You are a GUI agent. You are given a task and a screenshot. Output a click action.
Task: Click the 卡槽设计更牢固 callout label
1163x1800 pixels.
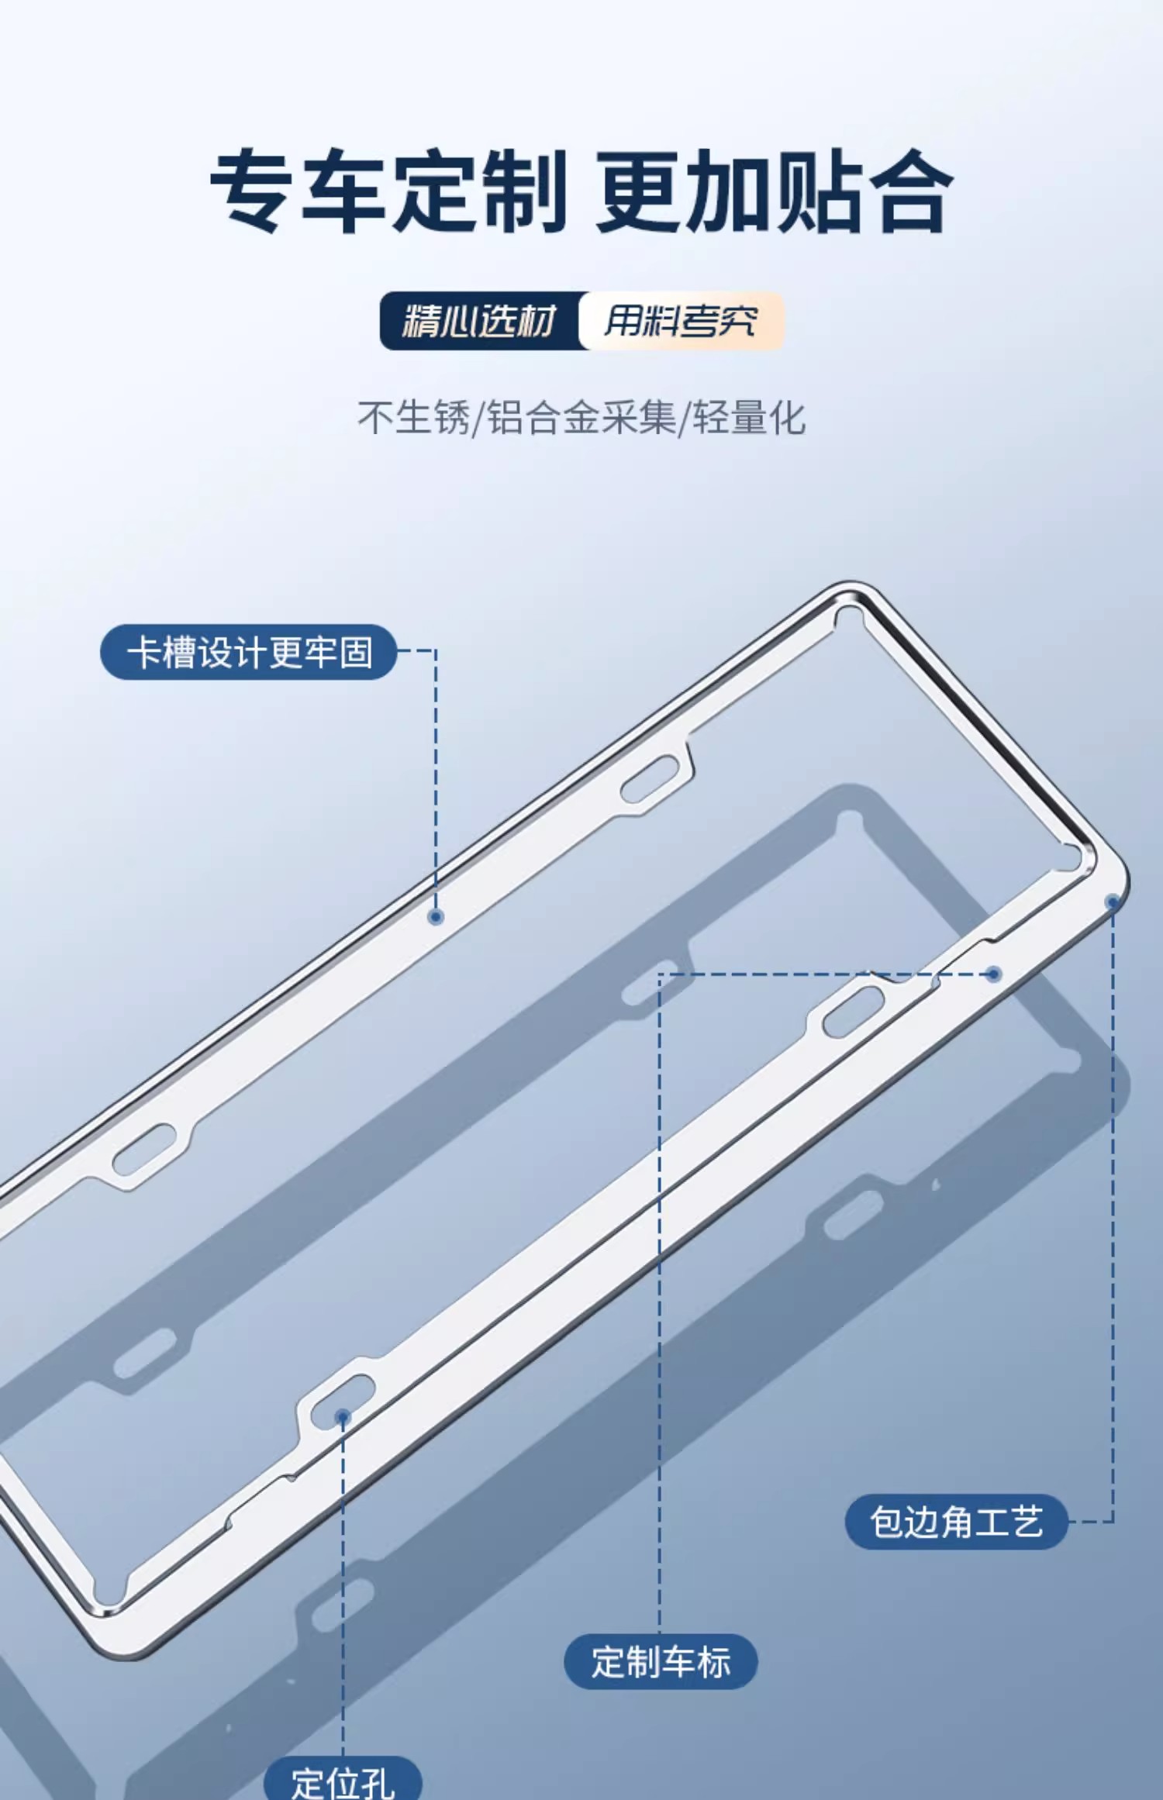(x=248, y=652)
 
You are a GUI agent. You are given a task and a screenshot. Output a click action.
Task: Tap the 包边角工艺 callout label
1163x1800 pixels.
(x=956, y=1522)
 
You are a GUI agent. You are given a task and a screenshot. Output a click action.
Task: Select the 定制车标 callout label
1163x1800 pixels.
(x=660, y=1661)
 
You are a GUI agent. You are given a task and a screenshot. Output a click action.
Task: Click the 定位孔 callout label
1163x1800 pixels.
(x=343, y=1780)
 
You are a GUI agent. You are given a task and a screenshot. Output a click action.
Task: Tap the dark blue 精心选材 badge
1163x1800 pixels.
(x=479, y=321)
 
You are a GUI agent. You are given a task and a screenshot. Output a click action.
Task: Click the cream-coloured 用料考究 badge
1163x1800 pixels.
(x=681, y=321)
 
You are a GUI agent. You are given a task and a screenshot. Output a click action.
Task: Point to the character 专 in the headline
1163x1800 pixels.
(x=252, y=191)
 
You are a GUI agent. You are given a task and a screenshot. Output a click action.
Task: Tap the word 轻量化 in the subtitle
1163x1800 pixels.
(x=748, y=418)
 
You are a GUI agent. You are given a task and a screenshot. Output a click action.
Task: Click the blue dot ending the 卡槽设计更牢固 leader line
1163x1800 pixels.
(x=436, y=917)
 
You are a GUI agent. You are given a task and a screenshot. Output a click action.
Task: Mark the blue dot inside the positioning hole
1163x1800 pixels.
(x=342, y=1417)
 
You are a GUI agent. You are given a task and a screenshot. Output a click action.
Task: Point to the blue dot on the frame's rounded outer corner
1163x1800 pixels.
(x=1113, y=902)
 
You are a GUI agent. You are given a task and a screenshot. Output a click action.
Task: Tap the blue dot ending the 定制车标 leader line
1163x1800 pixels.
(x=994, y=974)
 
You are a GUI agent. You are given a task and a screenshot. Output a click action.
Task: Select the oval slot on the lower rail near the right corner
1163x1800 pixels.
(x=851, y=1011)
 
